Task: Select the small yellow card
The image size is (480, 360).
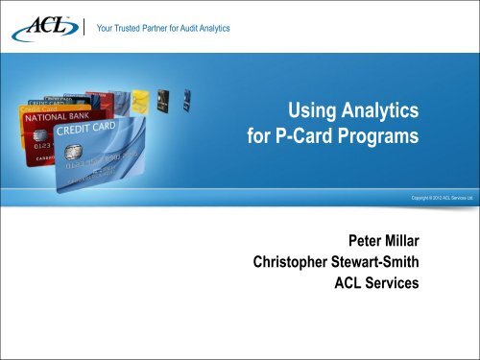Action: tap(141, 99)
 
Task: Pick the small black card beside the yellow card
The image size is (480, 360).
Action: tap(163, 96)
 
